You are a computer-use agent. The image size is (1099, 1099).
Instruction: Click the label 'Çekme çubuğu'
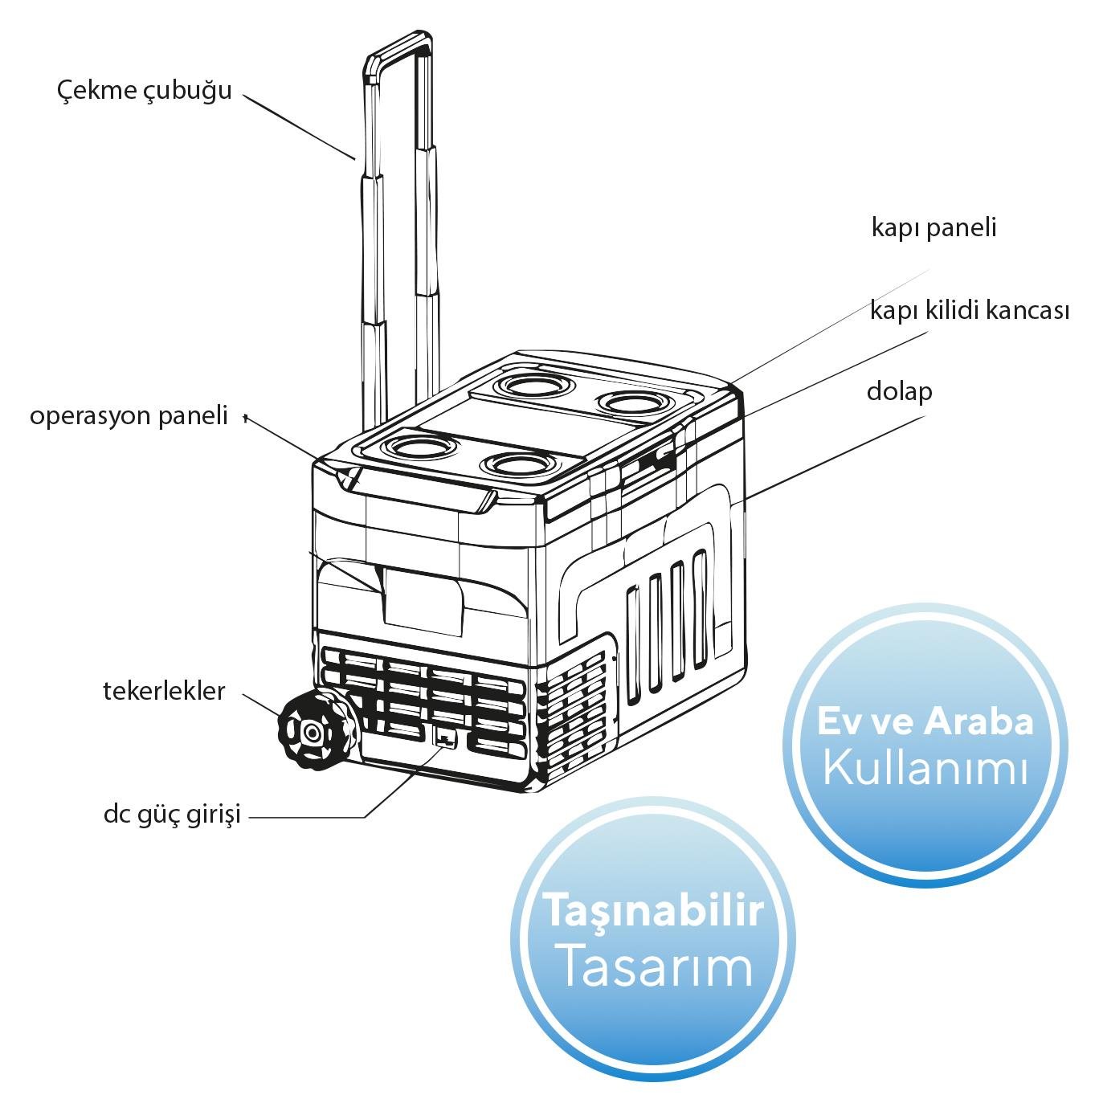[x=145, y=90]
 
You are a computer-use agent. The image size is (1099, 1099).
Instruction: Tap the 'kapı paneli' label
[x=934, y=228]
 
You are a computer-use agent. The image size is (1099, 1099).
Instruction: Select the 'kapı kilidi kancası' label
[x=969, y=310]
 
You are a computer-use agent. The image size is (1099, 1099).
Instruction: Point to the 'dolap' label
[x=899, y=392]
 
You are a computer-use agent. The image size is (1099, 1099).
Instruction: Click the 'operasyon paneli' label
[x=129, y=416]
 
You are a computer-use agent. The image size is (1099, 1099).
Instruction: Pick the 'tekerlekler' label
[x=165, y=691]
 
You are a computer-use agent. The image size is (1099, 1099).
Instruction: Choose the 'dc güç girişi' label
[x=172, y=815]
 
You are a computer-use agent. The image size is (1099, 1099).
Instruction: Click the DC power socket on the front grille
[x=444, y=737]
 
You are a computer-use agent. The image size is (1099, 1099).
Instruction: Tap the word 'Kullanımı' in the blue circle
[x=926, y=768]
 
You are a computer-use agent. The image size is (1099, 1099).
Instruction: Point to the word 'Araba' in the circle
[x=978, y=721]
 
